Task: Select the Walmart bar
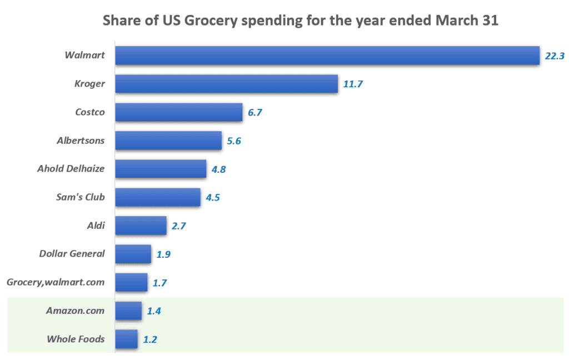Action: click(327, 56)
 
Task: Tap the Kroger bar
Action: click(226, 84)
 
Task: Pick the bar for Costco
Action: click(178, 112)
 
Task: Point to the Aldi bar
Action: click(141, 226)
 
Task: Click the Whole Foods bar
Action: click(126, 339)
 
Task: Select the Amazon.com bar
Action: click(128, 311)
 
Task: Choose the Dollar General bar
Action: click(133, 254)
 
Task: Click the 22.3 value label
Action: click(554, 56)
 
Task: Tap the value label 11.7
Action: click(353, 84)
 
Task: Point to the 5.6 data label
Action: click(234, 141)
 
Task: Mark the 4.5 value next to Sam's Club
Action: click(213, 198)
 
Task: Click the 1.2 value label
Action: click(149, 339)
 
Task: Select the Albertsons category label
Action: click(81, 141)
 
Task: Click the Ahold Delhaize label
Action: click(71, 169)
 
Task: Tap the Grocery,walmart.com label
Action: click(56, 282)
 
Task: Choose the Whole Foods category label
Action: click(76, 339)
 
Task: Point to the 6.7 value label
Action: click(254, 113)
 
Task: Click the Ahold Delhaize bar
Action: click(161, 169)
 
